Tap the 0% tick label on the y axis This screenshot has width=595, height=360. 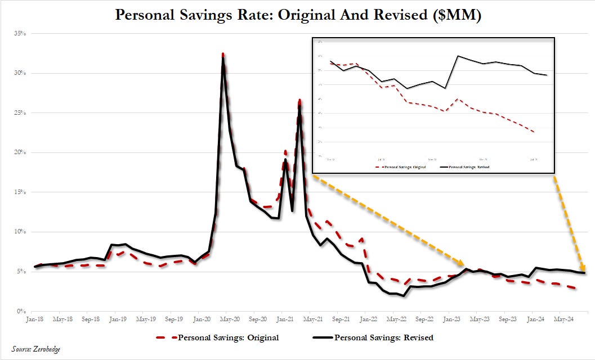click(21, 311)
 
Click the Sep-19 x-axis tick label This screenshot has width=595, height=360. click(173, 319)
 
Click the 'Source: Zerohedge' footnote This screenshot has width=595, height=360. click(35, 349)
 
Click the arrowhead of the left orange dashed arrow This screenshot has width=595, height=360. click(461, 264)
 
